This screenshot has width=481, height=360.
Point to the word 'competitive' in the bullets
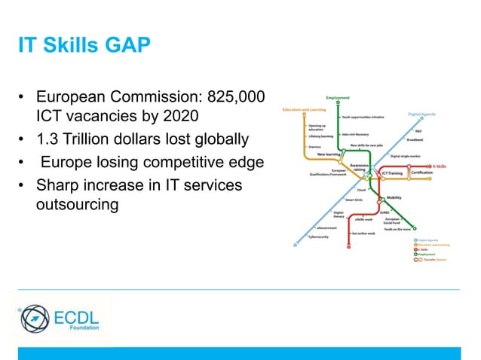[185, 163]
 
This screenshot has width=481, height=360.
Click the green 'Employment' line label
[337, 97]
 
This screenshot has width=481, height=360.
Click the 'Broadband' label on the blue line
[414, 139]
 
